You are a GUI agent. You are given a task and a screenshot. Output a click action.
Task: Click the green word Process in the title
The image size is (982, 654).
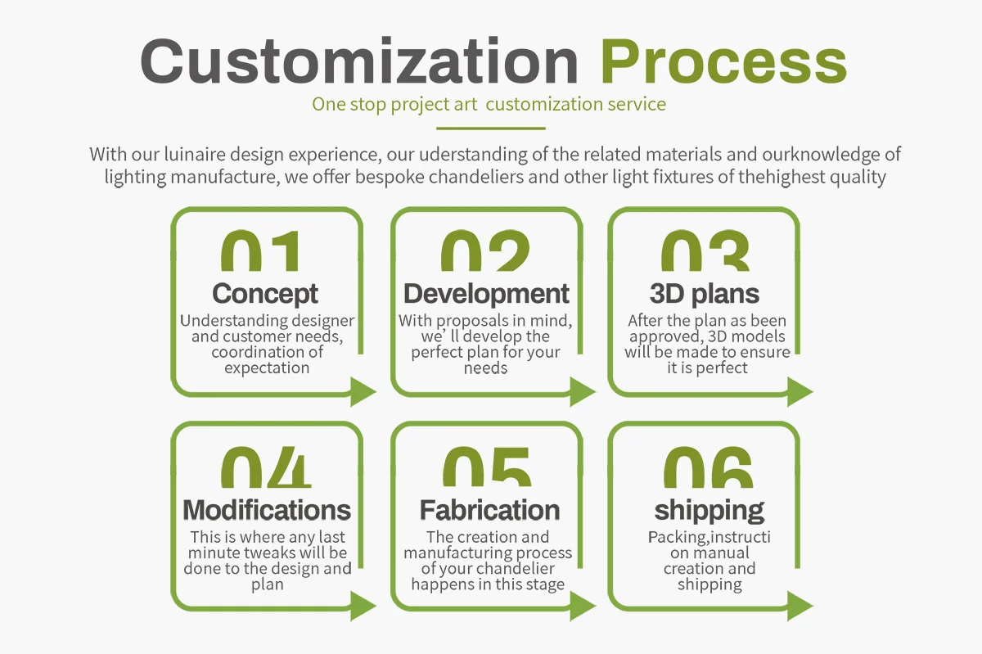723,61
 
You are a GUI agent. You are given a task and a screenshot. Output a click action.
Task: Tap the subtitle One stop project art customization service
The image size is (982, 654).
489,105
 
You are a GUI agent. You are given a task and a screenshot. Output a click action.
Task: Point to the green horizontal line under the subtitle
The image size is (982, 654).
490,129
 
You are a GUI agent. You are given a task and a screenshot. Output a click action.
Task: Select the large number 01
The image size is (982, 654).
261,252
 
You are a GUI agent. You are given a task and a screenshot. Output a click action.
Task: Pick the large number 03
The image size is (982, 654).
705,252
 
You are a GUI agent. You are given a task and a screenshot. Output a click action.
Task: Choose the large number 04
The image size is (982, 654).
266,468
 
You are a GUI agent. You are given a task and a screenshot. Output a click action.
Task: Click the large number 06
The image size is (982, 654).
708,468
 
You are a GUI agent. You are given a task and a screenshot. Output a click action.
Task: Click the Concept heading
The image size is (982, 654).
265,293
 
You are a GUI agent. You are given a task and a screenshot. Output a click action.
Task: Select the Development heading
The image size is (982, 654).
486,293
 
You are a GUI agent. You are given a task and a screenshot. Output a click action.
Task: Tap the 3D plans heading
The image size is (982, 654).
705,293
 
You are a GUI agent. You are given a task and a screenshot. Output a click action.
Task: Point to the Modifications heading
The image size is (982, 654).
267,510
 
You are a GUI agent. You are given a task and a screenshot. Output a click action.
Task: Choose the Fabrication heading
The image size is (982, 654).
489,510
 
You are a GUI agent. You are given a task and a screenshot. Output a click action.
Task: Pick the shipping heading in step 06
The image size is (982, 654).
709,510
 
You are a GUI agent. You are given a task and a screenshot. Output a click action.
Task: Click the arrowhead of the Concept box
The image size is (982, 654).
363,392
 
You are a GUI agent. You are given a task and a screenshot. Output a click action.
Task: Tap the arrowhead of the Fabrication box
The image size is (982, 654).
583,607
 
